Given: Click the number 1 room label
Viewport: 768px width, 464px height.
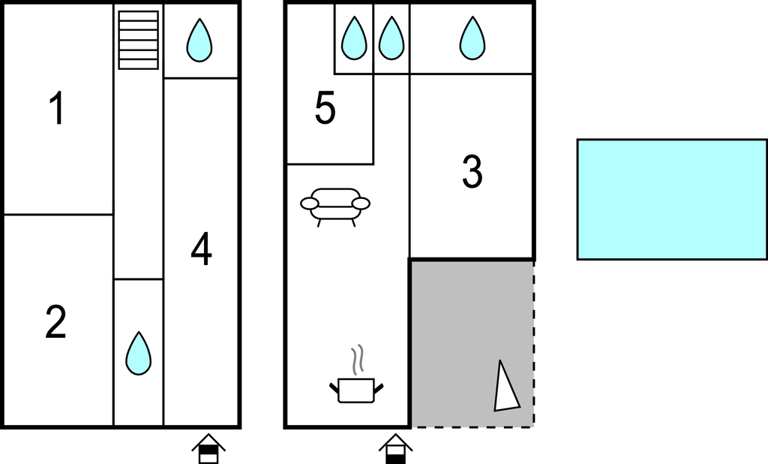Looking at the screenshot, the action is click(57, 108).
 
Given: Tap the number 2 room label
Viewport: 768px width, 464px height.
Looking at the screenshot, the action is click(55, 321).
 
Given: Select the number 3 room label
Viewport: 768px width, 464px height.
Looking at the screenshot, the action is click(472, 171).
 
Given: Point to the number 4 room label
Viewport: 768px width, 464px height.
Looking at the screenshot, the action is click(201, 249).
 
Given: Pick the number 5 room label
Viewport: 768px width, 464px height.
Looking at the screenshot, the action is click(325, 107).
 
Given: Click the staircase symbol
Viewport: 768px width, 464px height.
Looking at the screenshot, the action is click(139, 40).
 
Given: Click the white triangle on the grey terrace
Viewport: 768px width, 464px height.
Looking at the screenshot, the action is click(506, 386).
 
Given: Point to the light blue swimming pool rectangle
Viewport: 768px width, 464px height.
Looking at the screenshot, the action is click(673, 199).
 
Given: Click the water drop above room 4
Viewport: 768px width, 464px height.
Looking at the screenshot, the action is click(199, 41).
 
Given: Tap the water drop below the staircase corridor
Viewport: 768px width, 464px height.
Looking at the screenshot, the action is click(139, 353).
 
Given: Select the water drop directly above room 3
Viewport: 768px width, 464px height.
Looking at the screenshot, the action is click(472, 38).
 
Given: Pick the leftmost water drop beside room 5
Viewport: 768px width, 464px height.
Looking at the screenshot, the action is click(354, 38).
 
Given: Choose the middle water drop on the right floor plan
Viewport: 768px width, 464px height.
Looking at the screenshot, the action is click(391, 38).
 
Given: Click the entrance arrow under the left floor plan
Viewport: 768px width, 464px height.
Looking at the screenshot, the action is click(208, 448).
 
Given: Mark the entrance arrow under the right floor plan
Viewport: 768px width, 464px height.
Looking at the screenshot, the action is click(396, 448).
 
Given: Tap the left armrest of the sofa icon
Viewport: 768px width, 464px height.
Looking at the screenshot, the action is click(310, 203).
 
